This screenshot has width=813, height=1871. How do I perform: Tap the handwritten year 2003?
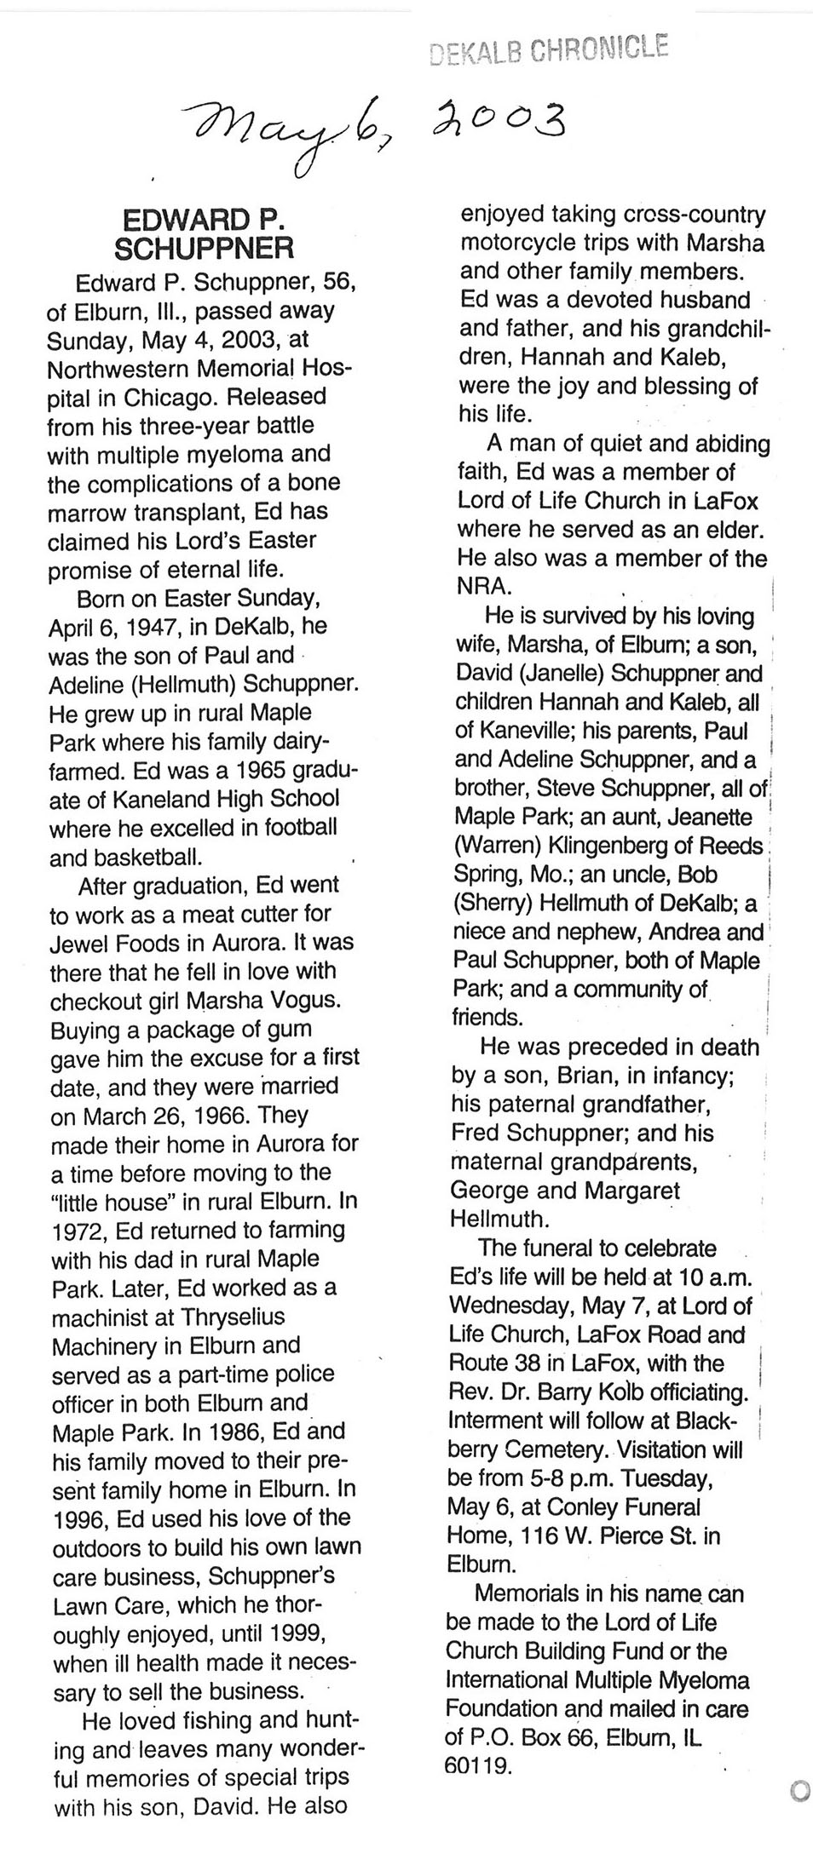point(495,120)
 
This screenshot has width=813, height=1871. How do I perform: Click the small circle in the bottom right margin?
point(800,1792)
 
